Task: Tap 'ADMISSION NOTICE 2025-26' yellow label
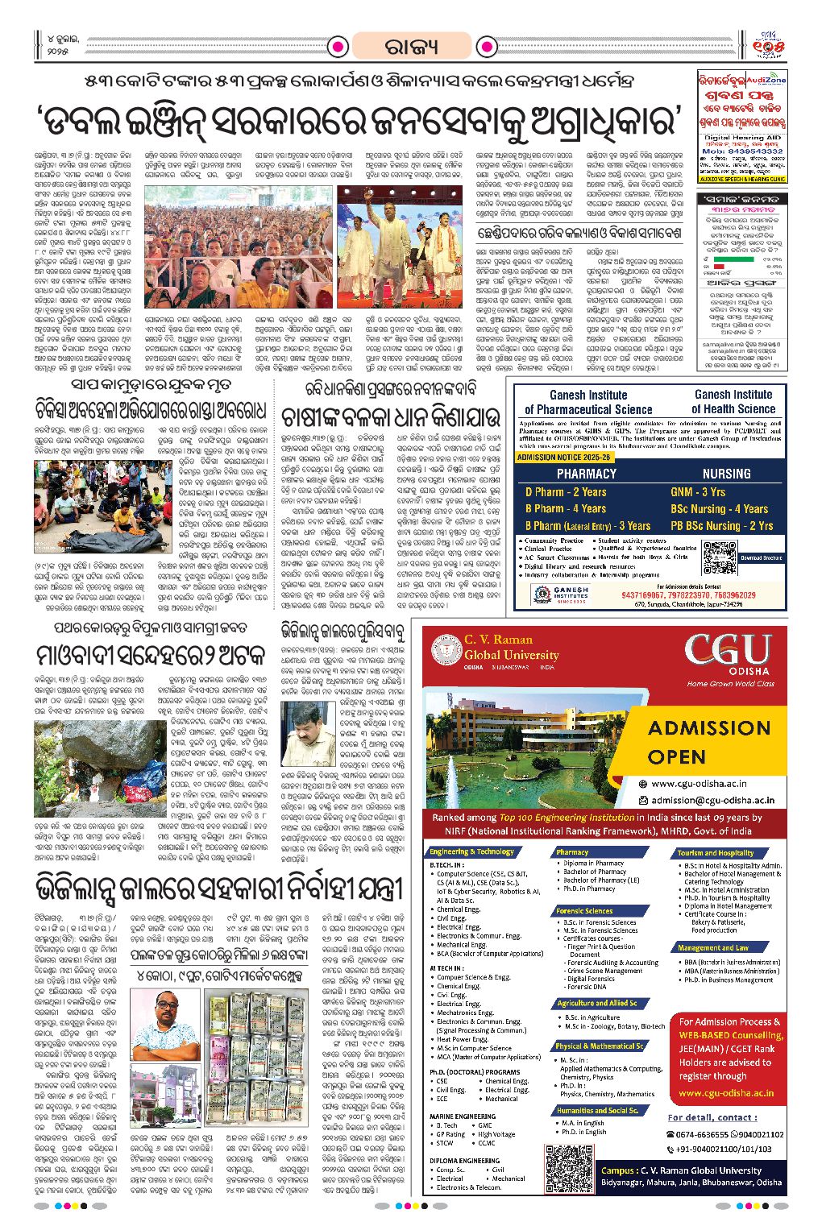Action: point(564,457)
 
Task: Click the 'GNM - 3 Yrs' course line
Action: point(698,491)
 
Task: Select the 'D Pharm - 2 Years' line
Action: point(566,491)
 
